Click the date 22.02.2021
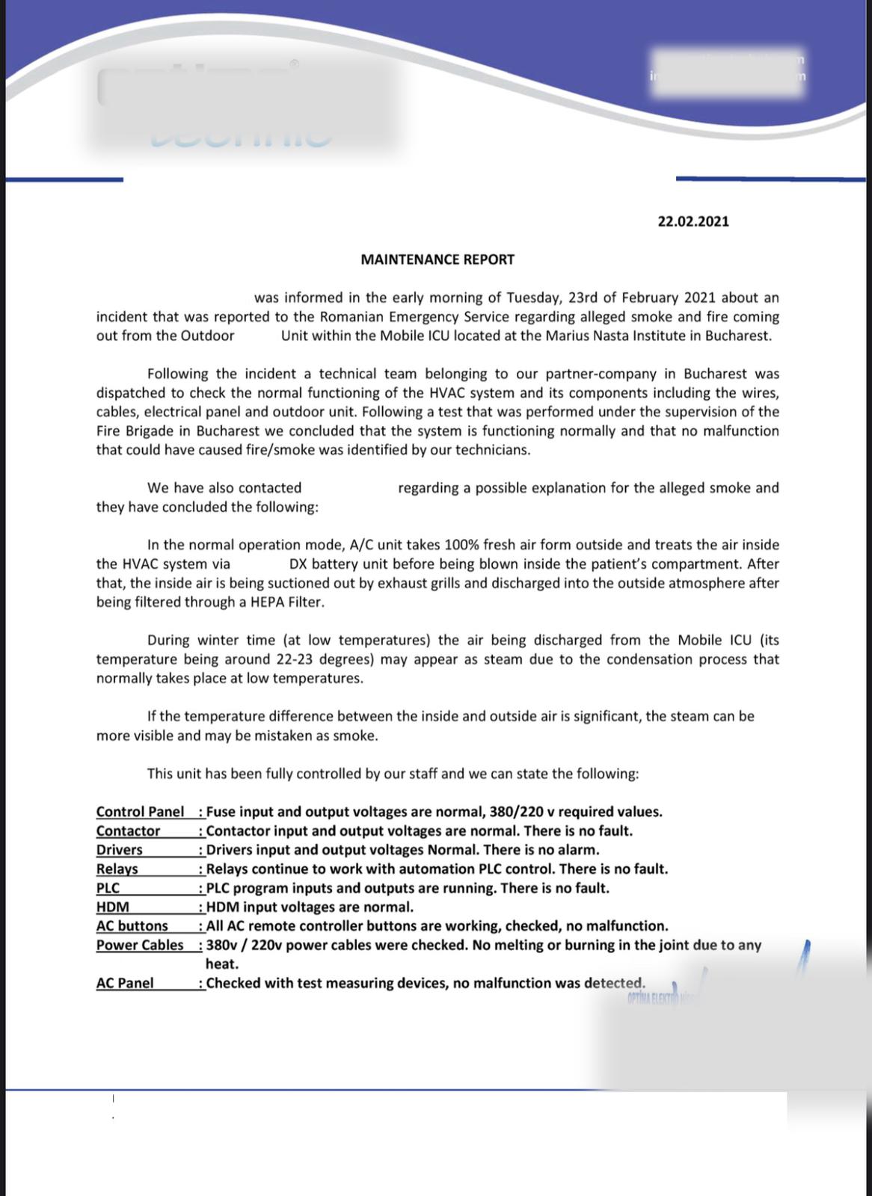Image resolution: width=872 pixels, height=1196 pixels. [693, 221]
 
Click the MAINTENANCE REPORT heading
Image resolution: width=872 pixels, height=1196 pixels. [437, 259]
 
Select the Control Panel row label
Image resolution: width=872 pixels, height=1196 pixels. [140, 812]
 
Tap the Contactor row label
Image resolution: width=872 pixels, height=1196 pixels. [128, 830]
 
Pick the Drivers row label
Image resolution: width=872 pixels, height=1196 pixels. [119, 850]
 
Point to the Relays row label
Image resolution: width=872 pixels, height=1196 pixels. [117, 869]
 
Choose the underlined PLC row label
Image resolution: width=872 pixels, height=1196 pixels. [108, 888]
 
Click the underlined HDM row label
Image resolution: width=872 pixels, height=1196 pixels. [112, 907]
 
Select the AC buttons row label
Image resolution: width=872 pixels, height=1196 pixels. [132, 926]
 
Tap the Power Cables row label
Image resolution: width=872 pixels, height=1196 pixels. [140, 945]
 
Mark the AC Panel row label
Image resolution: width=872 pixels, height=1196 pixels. [125, 983]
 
